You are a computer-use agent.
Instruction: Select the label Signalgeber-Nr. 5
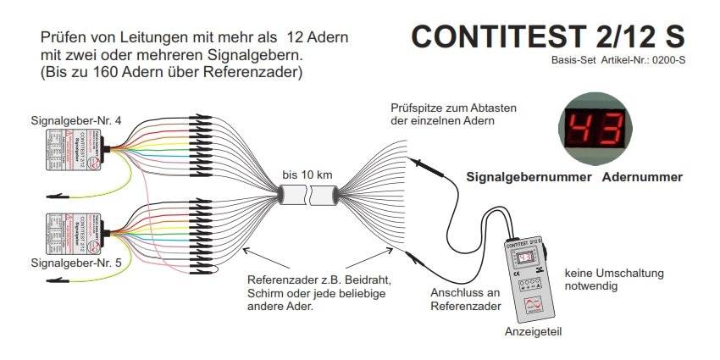click(x=75, y=263)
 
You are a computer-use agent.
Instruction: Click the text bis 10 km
click(x=307, y=174)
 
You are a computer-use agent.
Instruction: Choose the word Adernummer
click(x=642, y=178)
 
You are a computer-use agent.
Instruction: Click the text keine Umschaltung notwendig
click(x=614, y=280)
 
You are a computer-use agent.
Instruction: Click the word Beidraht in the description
click(x=384, y=280)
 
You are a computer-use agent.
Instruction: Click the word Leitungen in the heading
click(x=152, y=39)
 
